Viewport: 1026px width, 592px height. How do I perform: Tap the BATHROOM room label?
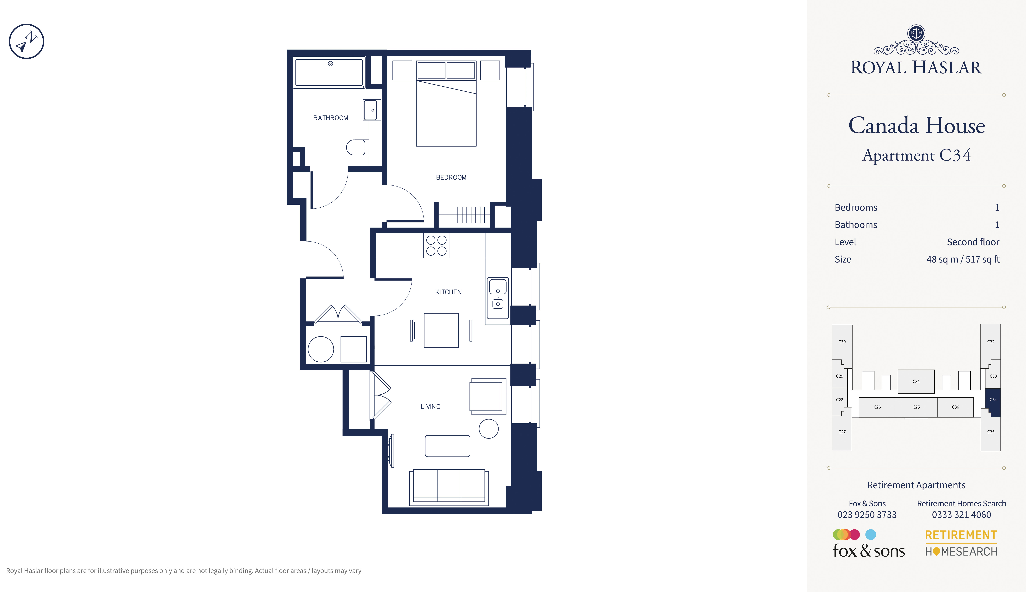(x=330, y=118)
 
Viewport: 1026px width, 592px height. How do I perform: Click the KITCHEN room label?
(x=448, y=292)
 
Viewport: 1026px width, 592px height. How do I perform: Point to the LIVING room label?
(x=430, y=407)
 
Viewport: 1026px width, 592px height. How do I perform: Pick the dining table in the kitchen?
(x=441, y=330)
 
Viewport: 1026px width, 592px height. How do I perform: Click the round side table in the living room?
(x=489, y=428)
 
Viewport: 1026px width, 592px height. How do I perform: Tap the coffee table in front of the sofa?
(x=448, y=446)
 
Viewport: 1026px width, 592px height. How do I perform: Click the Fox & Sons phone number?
(x=867, y=515)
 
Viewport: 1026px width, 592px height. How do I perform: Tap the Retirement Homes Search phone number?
(x=961, y=515)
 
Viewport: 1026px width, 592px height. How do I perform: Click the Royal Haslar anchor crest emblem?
(x=916, y=33)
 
